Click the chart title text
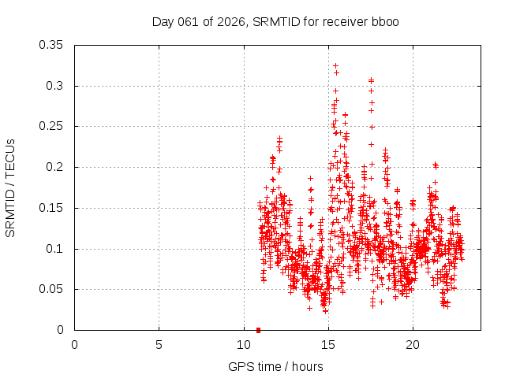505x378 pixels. (x=275, y=21)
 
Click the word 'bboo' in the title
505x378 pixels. (x=386, y=21)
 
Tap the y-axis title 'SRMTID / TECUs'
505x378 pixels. (x=10, y=188)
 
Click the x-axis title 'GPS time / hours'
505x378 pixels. (x=275, y=366)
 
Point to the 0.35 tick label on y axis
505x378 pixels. (x=53, y=45)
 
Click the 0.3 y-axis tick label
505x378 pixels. (x=56, y=86)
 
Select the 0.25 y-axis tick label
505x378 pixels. (x=53, y=126)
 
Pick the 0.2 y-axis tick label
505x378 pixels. (x=56, y=167)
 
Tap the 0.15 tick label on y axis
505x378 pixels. (x=53, y=208)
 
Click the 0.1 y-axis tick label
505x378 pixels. (x=56, y=249)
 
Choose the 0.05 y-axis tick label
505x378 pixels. (x=53, y=290)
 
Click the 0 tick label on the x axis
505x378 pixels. (x=74, y=344)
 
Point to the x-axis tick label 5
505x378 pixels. (x=159, y=344)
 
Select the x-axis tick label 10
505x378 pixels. (x=243, y=344)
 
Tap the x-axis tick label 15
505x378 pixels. (x=327, y=344)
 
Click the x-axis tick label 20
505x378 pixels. (x=412, y=344)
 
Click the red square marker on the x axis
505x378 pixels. (x=259, y=330)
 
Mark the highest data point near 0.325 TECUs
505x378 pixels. (x=335, y=66)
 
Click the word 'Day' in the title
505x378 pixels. (x=163, y=21)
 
